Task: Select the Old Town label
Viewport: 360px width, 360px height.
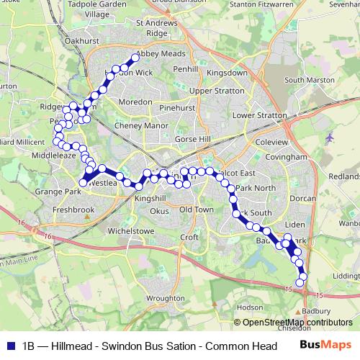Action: [197, 209]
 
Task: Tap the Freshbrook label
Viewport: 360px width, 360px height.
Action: [73, 210]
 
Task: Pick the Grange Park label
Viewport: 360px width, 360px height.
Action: [56, 192]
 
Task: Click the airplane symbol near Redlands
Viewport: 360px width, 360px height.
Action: [330, 138]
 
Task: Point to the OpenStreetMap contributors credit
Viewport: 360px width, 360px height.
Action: [297, 322]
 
